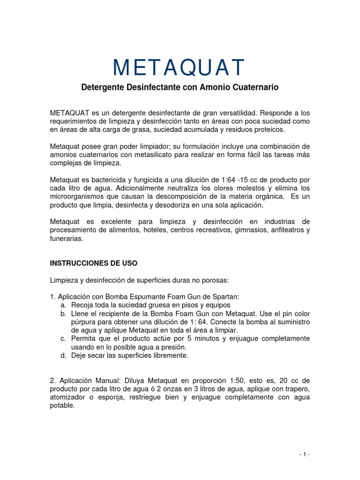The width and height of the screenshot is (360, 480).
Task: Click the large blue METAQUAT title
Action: (179, 67)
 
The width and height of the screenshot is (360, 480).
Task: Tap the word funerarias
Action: (66, 238)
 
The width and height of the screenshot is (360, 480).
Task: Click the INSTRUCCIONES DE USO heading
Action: (94, 263)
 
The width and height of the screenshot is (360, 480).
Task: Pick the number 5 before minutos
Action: (187, 338)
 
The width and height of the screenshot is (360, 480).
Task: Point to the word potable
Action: (62, 406)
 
